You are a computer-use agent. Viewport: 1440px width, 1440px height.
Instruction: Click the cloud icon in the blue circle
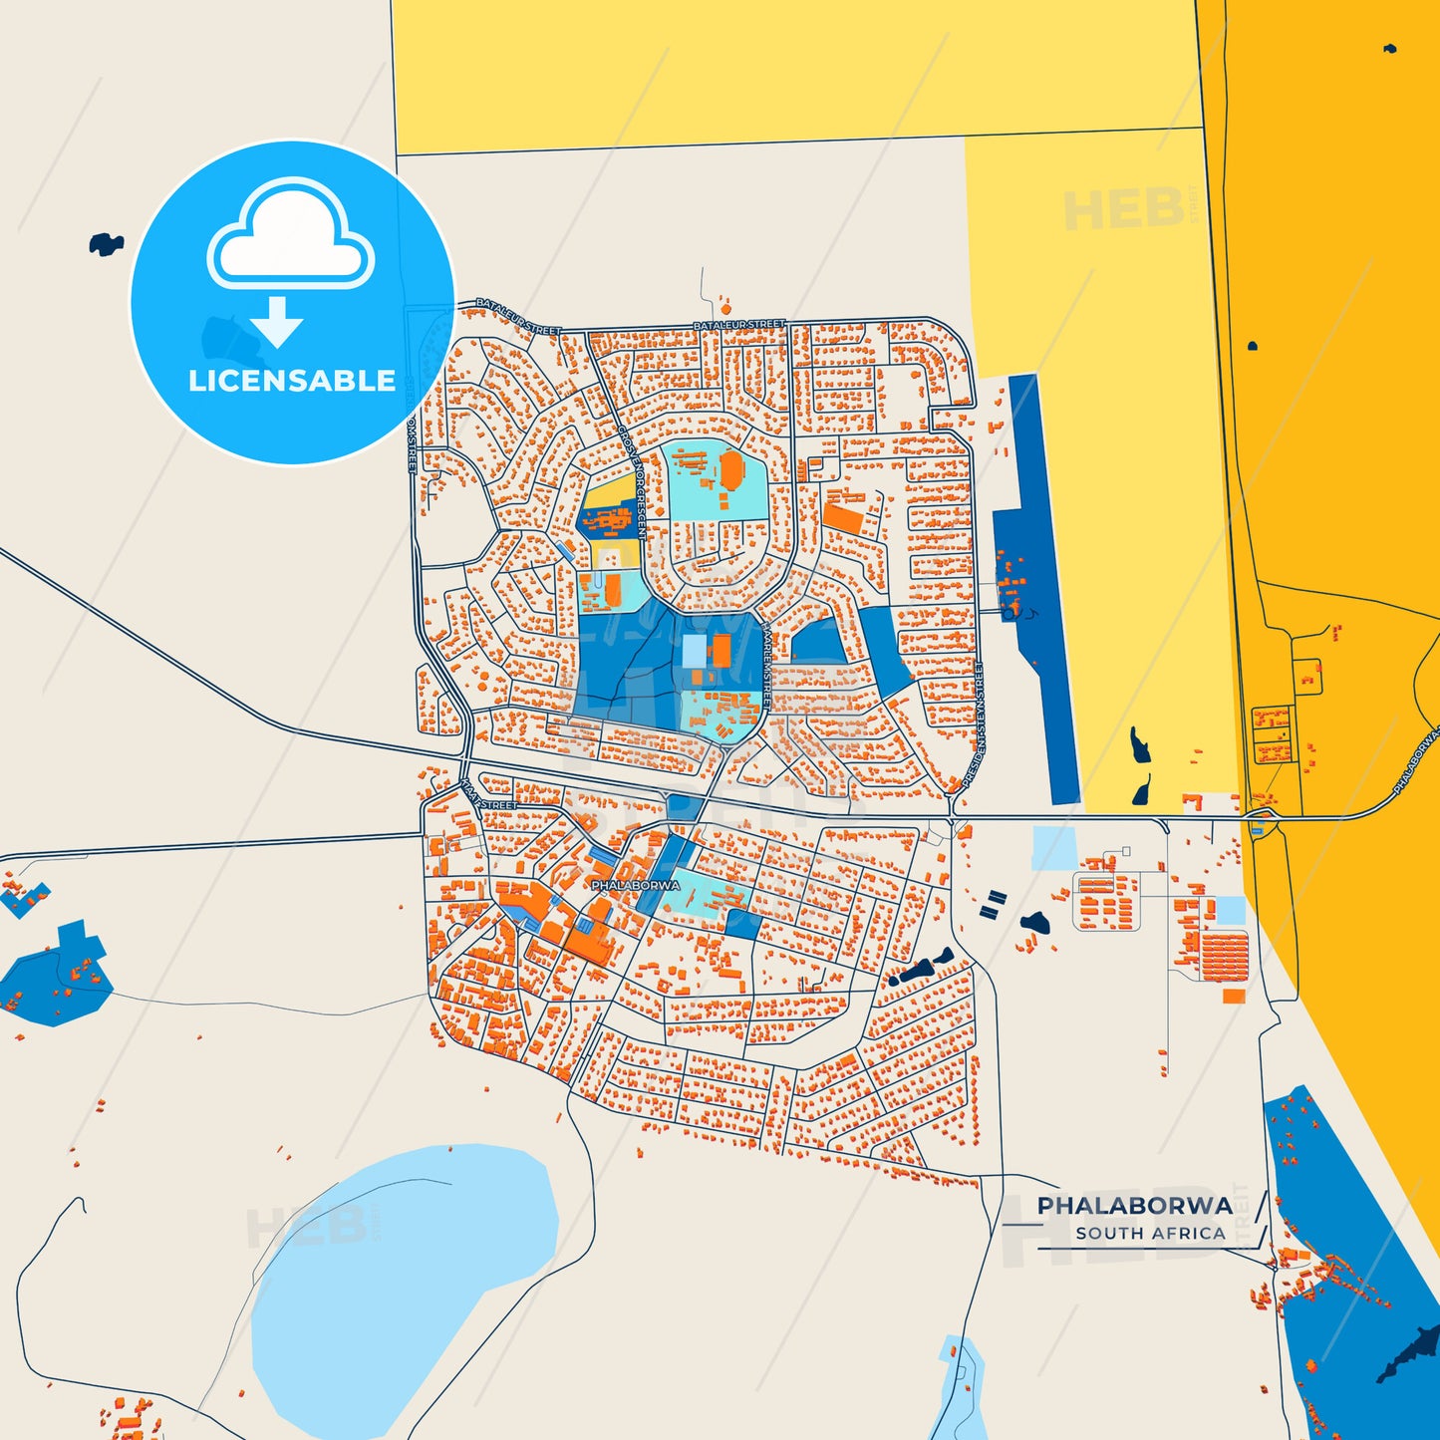290,236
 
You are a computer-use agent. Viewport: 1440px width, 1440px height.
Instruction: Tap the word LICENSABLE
292,381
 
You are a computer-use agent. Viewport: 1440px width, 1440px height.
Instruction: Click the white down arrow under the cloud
276,322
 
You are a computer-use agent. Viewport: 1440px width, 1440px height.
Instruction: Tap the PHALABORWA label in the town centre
635,885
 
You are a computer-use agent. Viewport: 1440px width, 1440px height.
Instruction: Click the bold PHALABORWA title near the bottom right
1134,1206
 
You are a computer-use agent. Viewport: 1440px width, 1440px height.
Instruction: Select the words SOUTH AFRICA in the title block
1150,1233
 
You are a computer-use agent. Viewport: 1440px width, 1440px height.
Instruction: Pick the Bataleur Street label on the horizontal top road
738,325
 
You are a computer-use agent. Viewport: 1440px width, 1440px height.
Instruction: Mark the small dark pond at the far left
105,242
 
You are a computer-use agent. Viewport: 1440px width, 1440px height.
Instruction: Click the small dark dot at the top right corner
1389,48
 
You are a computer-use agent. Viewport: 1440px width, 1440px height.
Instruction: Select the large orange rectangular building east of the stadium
843,519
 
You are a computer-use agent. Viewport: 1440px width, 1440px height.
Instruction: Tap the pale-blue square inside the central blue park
694,651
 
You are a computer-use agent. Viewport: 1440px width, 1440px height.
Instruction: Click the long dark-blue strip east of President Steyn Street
1036,588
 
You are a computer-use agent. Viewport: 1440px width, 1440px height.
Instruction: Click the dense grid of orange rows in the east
1225,955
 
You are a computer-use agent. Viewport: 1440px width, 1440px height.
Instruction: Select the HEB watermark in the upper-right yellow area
1124,209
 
